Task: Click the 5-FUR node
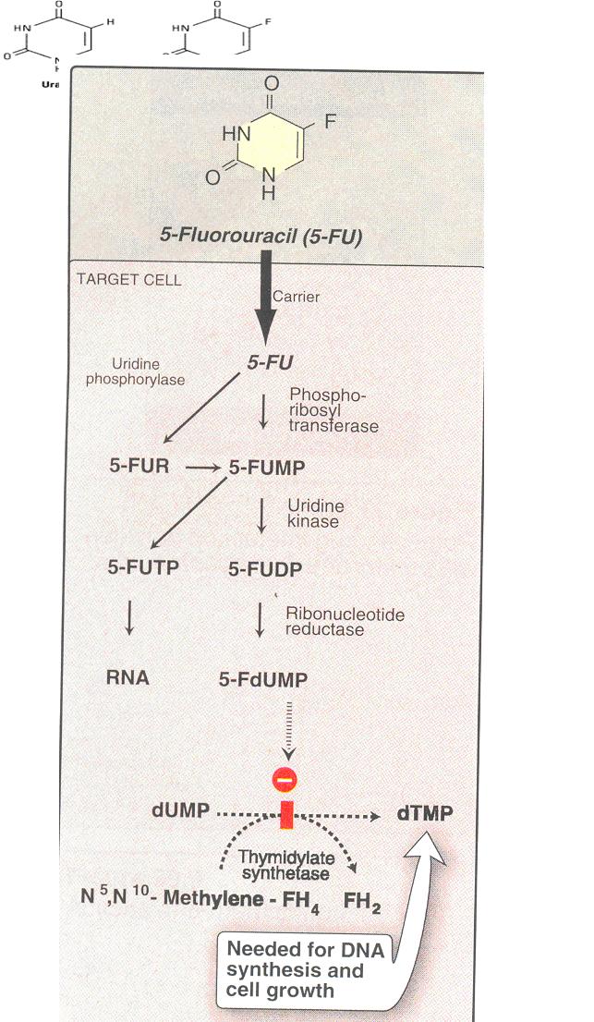point(139,468)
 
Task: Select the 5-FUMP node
point(267,468)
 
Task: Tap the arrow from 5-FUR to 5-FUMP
point(204,468)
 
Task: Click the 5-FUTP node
point(143,567)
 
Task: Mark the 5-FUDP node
point(268,568)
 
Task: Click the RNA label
point(127,677)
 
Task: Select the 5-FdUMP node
point(263,679)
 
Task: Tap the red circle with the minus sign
point(284,779)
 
